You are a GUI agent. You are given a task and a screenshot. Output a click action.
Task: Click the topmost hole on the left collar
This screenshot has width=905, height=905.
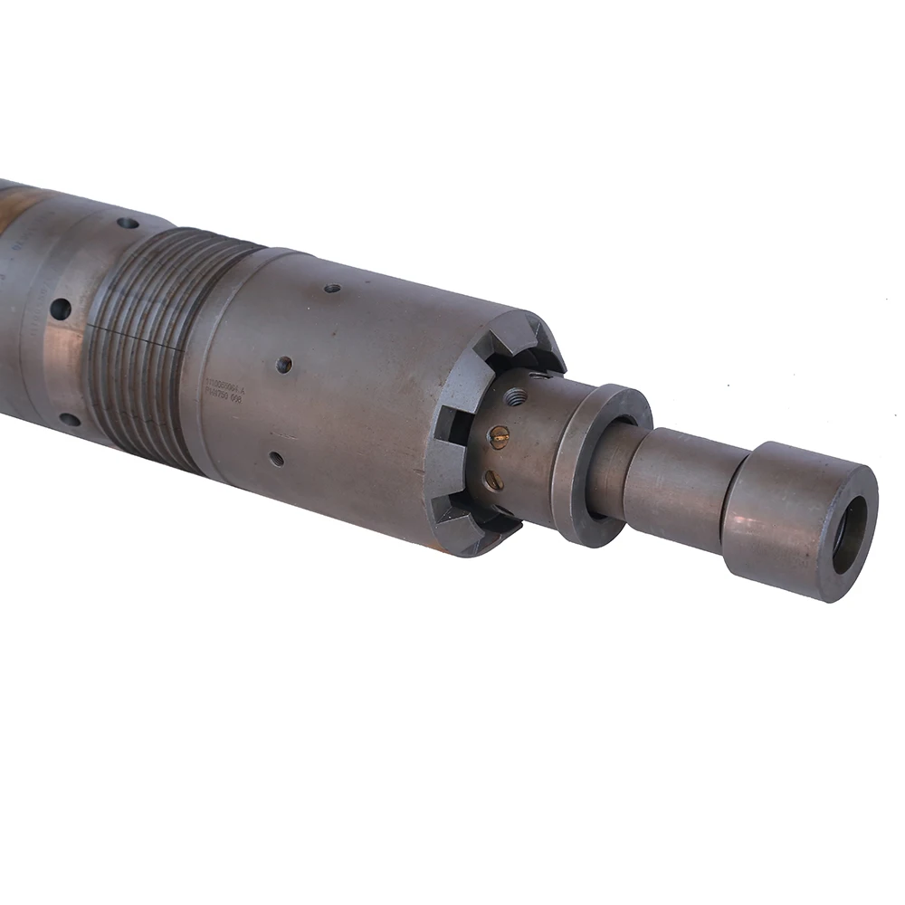click(x=128, y=223)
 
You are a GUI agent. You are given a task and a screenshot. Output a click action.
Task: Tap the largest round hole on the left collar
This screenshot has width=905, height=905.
click(x=61, y=309)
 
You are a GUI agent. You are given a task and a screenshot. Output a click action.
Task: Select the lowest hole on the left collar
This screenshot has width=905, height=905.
click(x=69, y=419)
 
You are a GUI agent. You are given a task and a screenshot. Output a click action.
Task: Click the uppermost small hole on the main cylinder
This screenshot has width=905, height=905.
click(x=332, y=288)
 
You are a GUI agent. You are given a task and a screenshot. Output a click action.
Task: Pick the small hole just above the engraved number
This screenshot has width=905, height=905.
click(x=283, y=364)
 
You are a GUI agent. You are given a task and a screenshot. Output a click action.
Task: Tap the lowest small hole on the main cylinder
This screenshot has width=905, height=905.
click(x=276, y=458)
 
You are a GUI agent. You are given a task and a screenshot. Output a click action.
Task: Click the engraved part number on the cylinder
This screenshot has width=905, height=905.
click(x=225, y=389)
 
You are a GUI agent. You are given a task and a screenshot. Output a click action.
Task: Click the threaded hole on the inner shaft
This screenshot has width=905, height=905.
click(x=517, y=396)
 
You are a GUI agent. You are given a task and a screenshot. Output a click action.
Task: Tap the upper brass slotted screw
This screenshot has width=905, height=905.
click(x=499, y=438)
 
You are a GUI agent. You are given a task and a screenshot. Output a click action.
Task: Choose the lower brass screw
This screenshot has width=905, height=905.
click(x=494, y=480)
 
